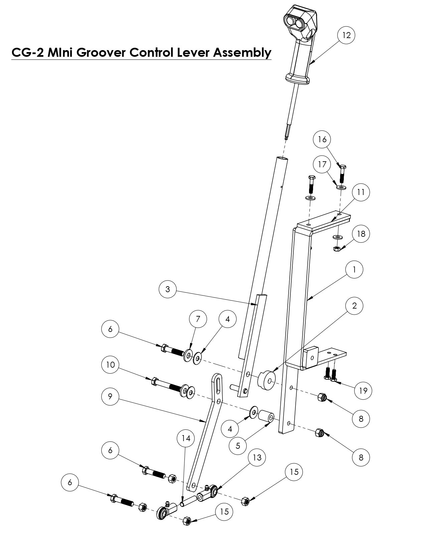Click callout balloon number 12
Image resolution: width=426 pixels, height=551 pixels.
(x=346, y=35)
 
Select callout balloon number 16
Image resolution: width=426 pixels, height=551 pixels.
(x=322, y=139)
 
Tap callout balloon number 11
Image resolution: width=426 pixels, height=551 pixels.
(x=361, y=192)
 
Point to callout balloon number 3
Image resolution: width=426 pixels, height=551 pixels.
(x=168, y=290)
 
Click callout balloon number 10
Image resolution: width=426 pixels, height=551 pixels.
(x=110, y=365)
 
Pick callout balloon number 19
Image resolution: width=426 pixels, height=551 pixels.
(x=363, y=390)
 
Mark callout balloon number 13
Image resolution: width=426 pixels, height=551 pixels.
(x=257, y=457)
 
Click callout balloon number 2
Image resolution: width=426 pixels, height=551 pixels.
(x=354, y=306)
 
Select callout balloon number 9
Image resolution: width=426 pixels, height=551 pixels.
(x=110, y=396)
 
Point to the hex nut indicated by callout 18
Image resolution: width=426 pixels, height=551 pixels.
(x=337, y=248)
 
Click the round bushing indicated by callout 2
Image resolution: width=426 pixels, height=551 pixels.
(x=266, y=381)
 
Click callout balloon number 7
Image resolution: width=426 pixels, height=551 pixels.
(x=198, y=319)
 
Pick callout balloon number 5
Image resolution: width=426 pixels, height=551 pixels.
(x=238, y=446)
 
